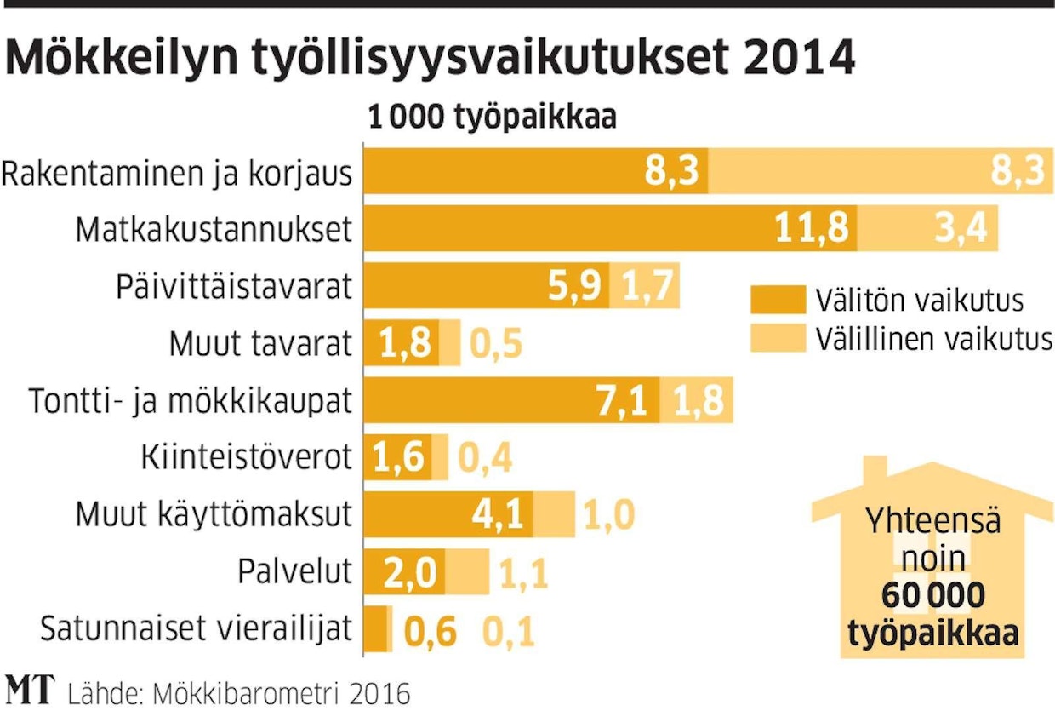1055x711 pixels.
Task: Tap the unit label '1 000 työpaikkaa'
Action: click(492, 118)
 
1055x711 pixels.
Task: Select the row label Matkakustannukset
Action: click(213, 229)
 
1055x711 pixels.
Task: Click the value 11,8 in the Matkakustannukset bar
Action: click(813, 230)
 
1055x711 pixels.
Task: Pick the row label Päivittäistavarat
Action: click(234, 287)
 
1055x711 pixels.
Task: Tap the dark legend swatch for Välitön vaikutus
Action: click(777, 301)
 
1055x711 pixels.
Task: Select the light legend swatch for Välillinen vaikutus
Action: click(777, 338)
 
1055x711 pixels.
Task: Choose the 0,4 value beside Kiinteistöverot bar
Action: click(486, 459)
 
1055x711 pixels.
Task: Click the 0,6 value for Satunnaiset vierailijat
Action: click(430, 632)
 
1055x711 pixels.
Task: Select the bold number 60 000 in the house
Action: click(932, 596)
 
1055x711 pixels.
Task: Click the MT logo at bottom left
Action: click(30, 690)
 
